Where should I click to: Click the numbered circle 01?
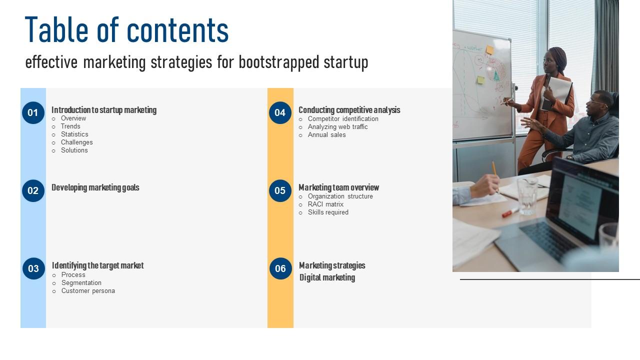[x=33, y=112]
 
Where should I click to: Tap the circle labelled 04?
[x=280, y=112]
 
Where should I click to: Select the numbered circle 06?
[x=280, y=268]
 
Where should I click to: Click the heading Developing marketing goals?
[x=95, y=187]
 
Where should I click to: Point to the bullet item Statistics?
[x=74, y=134]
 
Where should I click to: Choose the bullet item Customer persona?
[x=88, y=291]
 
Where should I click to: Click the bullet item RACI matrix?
[x=325, y=204]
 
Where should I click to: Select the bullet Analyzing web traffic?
[x=337, y=127]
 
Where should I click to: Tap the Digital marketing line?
[x=327, y=277]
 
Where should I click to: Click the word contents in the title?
[x=177, y=30]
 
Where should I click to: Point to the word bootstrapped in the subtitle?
[x=279, y=62]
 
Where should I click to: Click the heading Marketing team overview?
[x=339, y=187]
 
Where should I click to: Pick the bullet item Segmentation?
[x=81, y=283]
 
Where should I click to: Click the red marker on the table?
[x=510, y=212]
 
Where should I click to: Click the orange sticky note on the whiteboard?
[x=489, y=49]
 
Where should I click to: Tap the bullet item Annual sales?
[x=326, y=135]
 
